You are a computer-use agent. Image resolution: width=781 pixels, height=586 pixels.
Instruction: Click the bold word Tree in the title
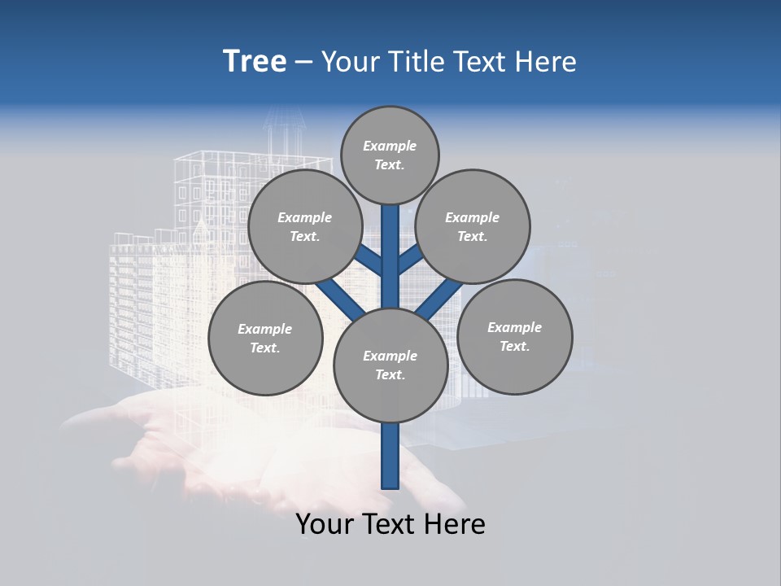[x=255, y=61]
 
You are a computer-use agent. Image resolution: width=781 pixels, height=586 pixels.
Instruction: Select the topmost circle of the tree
[x=390, y=155]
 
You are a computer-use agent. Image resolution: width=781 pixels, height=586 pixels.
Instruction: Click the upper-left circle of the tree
[x=305, y=226]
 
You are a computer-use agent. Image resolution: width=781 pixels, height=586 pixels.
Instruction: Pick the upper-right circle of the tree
[x=473, y=226]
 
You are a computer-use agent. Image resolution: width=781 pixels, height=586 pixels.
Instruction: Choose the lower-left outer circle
[x=265, y=338]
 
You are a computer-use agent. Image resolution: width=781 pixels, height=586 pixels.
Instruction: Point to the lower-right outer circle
[x=514, y=336]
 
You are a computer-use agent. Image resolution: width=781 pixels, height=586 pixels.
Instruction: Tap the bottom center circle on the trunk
[x=390, y=365]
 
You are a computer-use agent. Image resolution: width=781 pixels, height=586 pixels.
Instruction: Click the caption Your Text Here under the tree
[x=390, y=524]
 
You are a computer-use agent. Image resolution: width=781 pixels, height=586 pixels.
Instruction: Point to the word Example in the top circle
[x=390, y=146]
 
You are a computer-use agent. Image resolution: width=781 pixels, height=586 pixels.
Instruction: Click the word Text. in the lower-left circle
[x=265, y=348]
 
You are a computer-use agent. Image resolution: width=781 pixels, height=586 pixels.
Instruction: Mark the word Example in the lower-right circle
[x=514, y=327]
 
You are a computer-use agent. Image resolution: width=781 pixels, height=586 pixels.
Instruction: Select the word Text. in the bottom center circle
[x=390, y=374]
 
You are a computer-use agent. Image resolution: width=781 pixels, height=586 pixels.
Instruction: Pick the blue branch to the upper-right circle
[x=411, y=259]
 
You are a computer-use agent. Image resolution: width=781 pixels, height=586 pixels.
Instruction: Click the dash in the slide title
[x=303, y=62]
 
